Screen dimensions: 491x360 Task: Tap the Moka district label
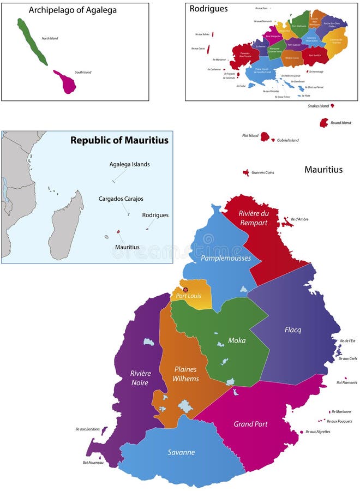point(237,340)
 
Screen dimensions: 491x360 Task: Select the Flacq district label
point(292,330)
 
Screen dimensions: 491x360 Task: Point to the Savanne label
point(181,452)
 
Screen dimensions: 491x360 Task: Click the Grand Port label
point(250,424)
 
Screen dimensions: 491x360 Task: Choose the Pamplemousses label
point(225,258)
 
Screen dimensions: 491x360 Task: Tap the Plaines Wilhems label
point(185,374)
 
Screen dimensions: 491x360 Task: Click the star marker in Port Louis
point(185,290)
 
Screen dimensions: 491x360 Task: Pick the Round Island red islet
point(324,122)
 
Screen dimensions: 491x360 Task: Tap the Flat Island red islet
point(265,136)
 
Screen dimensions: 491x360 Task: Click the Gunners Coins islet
point(246,172)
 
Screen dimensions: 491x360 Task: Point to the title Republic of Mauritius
point(119,140)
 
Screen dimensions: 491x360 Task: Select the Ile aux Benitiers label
point(87,429)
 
